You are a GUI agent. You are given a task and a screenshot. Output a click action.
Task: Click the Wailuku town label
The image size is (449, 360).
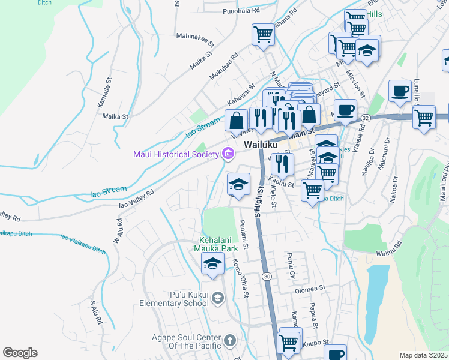tap(261, 145)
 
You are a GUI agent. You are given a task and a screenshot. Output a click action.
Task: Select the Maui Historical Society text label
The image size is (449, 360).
tap(176, 155)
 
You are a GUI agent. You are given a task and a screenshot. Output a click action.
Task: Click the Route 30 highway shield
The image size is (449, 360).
tap(267, 275)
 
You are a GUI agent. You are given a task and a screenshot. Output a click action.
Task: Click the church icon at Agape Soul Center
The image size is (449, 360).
tap(229, 341)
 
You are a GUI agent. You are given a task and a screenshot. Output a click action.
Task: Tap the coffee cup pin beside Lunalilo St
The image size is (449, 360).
tap(400, 91)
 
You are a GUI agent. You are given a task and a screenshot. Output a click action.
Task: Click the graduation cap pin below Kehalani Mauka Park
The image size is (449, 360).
tap(212, 264)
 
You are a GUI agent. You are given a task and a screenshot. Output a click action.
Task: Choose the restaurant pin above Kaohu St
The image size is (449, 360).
tap(282, 163)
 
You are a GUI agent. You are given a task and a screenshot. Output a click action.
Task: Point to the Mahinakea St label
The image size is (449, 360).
tap(195, 36)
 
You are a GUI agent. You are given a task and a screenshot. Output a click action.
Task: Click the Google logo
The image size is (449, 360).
tap(20, 353)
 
